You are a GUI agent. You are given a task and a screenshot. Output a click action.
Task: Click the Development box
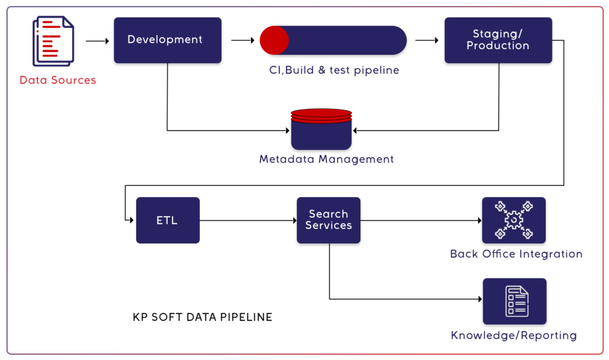coord(167,40)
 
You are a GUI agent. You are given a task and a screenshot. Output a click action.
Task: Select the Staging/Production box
coord(498,40)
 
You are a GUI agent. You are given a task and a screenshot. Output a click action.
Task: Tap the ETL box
coord(167,220)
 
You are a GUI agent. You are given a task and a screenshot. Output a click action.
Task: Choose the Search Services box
coord(328,220)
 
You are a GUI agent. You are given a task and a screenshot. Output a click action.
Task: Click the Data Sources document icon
coord(54,40)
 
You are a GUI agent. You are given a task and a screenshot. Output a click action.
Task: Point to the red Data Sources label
coord(58,80)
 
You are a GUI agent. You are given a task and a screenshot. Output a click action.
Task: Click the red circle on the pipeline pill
coord(274,40)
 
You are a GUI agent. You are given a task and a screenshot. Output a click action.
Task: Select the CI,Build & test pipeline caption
coord(334,70)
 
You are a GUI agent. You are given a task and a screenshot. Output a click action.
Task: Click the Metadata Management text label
coord(327,159)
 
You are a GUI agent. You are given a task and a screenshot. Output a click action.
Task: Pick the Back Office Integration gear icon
coord(514,220)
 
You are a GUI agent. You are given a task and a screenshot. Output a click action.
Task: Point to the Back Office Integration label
coord(516,254)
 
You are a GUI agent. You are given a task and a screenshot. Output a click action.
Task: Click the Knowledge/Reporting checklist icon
coord(514,301)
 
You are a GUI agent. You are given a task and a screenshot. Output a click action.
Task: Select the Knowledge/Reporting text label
coord(514,336)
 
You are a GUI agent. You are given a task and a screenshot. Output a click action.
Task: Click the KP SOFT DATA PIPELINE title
coord(202,317)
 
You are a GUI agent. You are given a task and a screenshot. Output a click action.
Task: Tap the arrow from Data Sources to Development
coord(98,41)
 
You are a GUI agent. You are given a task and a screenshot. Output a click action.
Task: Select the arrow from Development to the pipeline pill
coord(243,40)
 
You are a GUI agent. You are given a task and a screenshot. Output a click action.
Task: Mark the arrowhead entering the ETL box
coord(132,220)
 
